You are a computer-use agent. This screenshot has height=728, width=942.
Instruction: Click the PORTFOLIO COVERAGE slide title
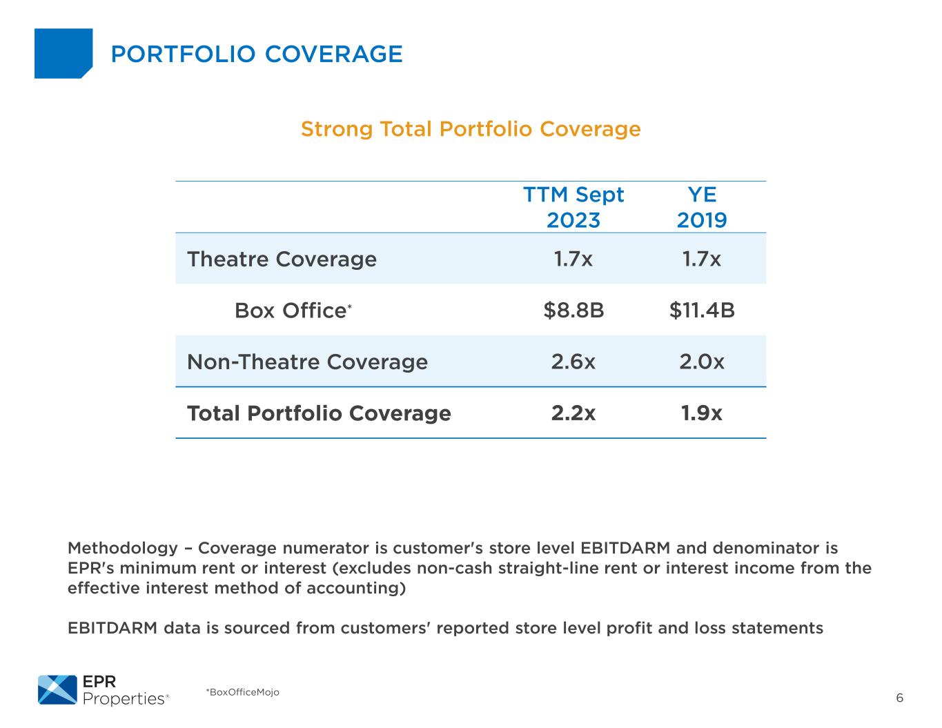tap(256, 54)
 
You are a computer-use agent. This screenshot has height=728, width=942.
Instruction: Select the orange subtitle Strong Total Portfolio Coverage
tap(471, 129)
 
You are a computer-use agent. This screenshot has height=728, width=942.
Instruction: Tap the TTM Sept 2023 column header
tap(573, 207)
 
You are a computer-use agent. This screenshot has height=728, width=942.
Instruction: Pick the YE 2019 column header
tap(702, 207)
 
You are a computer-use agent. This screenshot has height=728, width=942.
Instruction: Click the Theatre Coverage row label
tap(282, 259)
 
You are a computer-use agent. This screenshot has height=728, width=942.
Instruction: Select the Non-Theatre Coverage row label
tap(307, 362)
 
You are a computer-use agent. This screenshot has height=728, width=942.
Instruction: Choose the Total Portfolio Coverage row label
tap(319, 413)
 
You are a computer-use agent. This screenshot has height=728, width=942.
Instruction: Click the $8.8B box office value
tap(573, 311)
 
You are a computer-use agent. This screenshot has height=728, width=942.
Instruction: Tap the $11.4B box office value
tap(702, 311)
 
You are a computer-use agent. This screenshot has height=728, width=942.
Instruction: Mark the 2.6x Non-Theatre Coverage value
tap(573, 362)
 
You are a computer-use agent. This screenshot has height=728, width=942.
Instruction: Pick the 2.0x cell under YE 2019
tap(702, 362)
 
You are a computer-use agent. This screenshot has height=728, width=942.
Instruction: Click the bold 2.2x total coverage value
tap(573, 413)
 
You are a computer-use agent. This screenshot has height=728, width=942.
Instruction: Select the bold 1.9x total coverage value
tap(702, 413)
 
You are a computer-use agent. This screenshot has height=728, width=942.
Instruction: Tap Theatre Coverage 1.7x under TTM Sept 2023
tap(573, 259)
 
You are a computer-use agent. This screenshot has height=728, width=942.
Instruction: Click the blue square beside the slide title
tap(63, 53)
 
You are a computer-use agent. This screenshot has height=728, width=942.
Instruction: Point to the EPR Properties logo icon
tap(57, 690)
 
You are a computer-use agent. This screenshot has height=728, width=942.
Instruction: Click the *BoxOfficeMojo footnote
tap(242, 692)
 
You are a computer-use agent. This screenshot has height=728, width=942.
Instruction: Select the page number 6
tap(899, 698)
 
